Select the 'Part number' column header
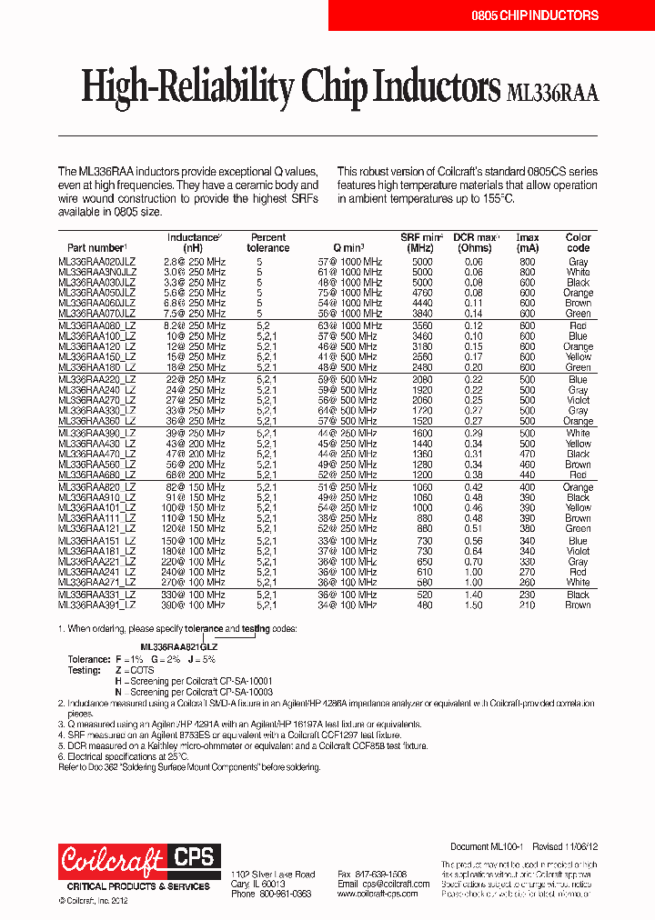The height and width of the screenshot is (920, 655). coord(96,247)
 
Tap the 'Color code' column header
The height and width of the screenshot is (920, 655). coord(578,243)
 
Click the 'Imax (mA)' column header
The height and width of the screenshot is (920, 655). coord(527,243)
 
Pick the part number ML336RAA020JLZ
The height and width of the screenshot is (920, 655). coord(96,262)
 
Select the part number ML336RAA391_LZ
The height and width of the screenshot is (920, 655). coord(96,605)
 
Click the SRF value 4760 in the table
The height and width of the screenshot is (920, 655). coord(422,293)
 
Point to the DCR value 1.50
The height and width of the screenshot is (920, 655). coord(473,605)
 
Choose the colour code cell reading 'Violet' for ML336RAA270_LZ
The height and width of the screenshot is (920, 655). coord(578,400)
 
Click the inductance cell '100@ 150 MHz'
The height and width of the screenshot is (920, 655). coord(194,507)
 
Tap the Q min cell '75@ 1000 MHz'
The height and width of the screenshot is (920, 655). coord(349,293)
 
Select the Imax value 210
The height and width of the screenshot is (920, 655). coord(527,605)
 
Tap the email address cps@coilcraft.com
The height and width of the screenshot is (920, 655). coord(370,884)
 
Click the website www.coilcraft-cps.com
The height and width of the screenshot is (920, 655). coord(377,894)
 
